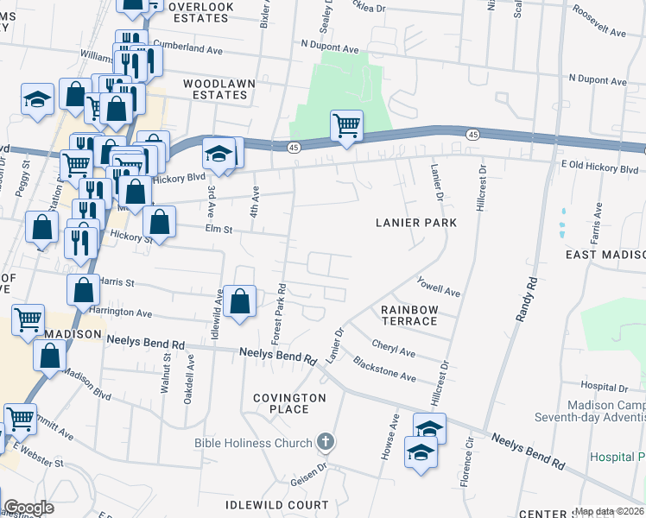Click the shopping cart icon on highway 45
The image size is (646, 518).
click(346, 126)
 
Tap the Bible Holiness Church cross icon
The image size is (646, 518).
click(326, 444)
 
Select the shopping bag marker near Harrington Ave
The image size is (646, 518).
click(240, 302)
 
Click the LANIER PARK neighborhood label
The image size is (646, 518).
click(415, 222)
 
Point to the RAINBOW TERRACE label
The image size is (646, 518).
click(409, 315)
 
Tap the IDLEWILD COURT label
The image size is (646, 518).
click(276, 504)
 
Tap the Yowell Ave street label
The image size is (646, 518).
click(438, 287)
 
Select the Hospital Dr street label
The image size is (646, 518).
click(604, 386)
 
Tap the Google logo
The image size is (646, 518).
click(28, 508)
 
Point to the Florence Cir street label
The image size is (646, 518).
click(469, 458)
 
